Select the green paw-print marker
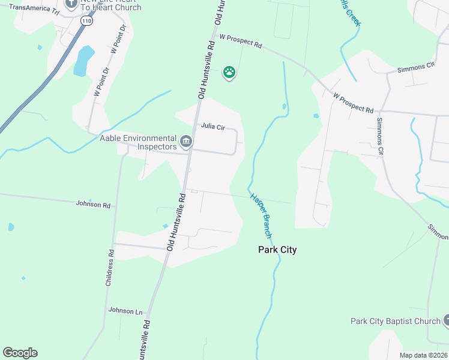[229, 73]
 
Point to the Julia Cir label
[212, 127]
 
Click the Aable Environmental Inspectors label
[138, 142]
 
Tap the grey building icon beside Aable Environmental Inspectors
[186, 142]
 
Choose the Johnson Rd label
[93, 205]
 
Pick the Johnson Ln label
[125, 310]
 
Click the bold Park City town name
[277, 250]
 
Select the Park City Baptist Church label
[396, 321]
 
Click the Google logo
[20, 353]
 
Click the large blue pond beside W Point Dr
[84, 61]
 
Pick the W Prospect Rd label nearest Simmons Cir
[354, 103]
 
